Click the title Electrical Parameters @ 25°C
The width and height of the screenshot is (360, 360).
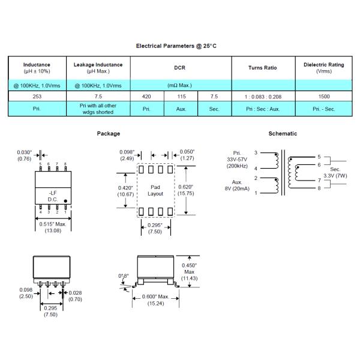coord(181,46)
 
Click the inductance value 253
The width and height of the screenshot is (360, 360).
coord(37,96)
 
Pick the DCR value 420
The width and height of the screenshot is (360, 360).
coord(146,96)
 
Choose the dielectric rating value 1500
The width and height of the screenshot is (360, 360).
coord(323,96)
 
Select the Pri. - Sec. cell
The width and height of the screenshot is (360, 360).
coord(323,110)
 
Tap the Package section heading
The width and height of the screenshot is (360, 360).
coord(109,133)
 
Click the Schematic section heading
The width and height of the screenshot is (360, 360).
coord(283,133)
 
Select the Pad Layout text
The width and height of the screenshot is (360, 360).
coord(155,191)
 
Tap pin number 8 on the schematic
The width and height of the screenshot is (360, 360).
coord(319,189)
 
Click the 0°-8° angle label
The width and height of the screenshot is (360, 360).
coord(124,276)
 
